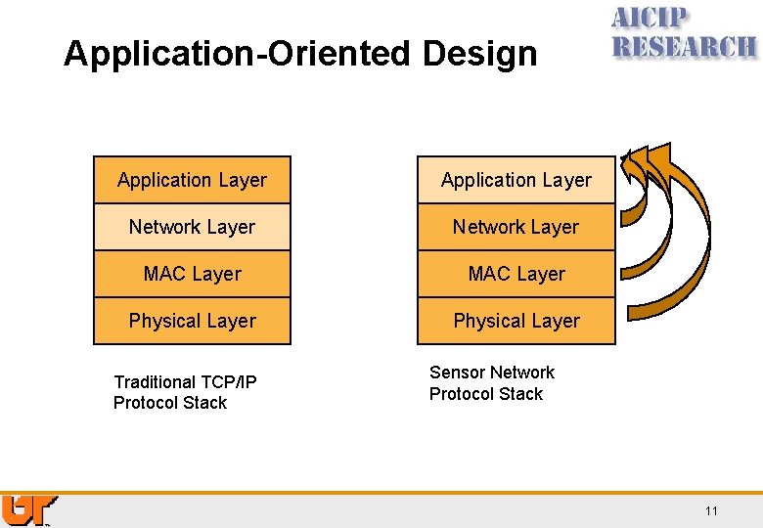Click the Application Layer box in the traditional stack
[x=192, y=180]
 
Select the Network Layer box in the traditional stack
[x=192, y=227]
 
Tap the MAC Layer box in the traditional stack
[x=192, y=274]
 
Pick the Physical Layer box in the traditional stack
[x=192, y=321]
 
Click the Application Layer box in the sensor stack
[x=516, y=180]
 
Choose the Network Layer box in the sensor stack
[x=516, y=227]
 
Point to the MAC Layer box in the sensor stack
[x=516, y=274]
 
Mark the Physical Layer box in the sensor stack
[x=516, y=321]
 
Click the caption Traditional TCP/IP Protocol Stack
[x=184, y=392]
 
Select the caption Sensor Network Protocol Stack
[x=491, y=383]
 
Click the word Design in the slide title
[x=480, y=54]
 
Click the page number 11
[x=711, y=511]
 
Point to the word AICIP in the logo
[x=650, y=19]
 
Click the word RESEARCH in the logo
[x=684, y=46]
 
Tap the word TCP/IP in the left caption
[x=228, y=382]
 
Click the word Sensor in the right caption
[x=456, y=373]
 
